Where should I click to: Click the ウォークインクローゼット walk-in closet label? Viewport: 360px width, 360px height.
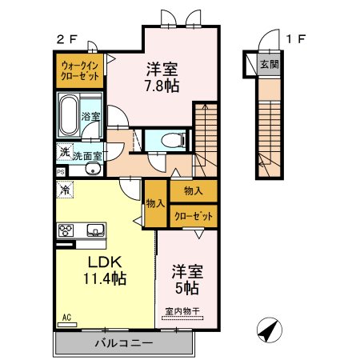coord(80,71)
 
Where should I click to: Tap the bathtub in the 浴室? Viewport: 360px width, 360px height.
coord(69,116)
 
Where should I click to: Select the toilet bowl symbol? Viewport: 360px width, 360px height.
coord(174,140)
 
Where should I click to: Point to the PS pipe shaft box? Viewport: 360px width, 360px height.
coord(61,172)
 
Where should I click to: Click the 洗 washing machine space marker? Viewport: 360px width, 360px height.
coord(64,152)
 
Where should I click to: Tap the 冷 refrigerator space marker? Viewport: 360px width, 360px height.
coord(65,190)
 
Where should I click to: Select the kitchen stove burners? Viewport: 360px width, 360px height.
coord(66,230)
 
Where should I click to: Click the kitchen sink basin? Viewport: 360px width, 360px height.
coord(95,230)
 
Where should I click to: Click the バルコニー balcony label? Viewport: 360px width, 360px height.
coord(124,343)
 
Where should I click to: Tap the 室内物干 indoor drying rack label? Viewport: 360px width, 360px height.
coord(182,311)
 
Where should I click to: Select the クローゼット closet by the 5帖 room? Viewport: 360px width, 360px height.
coord(194,216)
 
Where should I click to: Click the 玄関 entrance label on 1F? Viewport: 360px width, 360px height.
coord(270,64)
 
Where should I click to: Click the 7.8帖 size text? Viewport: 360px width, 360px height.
coord(162,86)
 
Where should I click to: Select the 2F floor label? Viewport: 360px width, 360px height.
coord(67,39)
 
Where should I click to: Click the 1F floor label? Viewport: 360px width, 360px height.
coord(295,39)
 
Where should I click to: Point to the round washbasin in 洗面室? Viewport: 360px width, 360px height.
coord(94,169)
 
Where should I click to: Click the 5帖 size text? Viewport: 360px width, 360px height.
coord(187,288)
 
